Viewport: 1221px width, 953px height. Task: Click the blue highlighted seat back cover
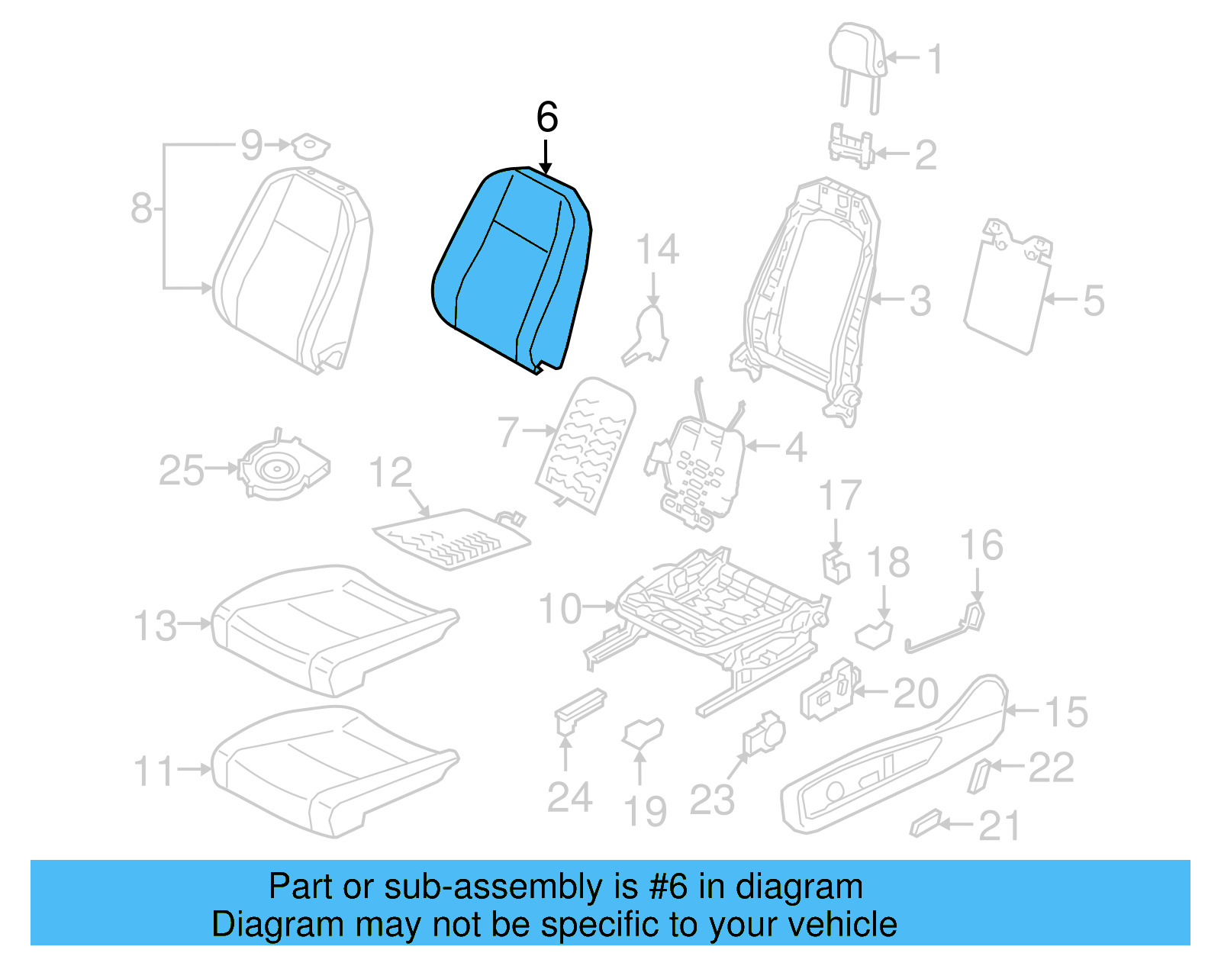click(511, 267)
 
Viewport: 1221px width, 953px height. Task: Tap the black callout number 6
click(547, 118)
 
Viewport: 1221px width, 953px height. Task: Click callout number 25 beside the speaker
click(181, 470)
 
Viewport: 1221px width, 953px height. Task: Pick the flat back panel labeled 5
click(1007, 290)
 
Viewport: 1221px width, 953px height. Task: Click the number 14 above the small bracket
click(657, 250)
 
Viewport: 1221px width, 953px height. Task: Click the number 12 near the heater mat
click(390, 473)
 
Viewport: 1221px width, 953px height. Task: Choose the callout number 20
click(916, 694)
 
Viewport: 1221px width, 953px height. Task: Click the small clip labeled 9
click(310, 144)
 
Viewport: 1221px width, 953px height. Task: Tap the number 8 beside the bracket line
click(141, 208)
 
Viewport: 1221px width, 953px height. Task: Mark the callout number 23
click(711, 800)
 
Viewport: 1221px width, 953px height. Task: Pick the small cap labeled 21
click(926, 824)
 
